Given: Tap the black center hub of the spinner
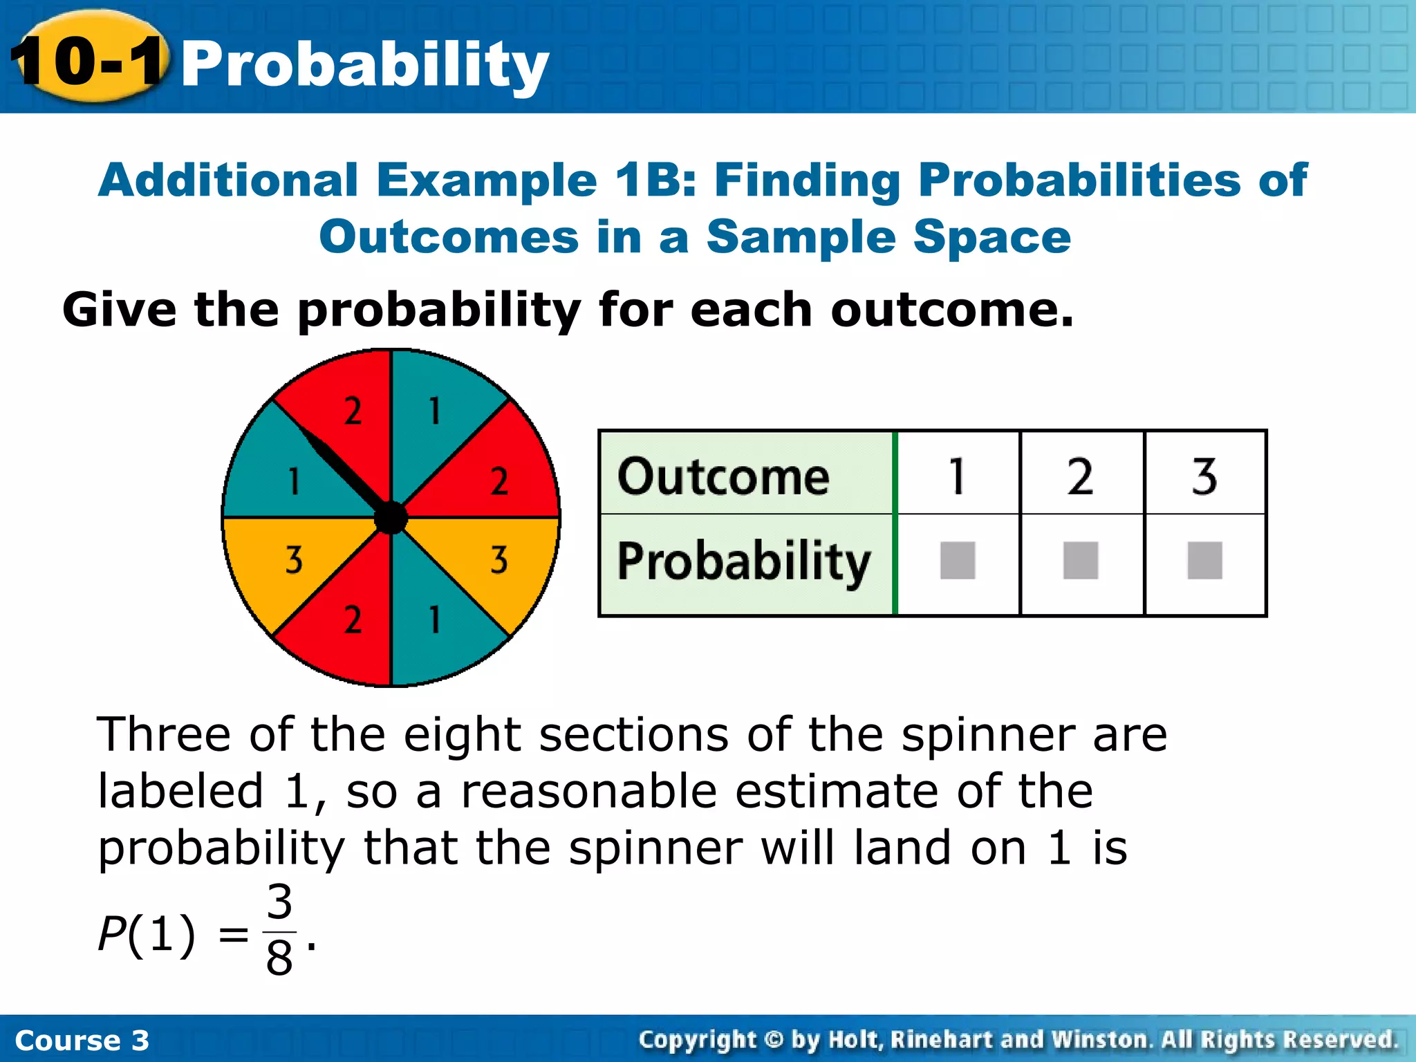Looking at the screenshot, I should (391, 518).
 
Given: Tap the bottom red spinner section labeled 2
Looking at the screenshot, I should (346, 622).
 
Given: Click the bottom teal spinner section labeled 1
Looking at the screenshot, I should (439, 622).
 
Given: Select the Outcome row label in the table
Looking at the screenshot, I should (723, 476).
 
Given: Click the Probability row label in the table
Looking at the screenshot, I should (743, 561).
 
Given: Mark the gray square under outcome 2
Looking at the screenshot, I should (1081, 560).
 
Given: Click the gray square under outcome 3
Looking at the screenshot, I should (1204, 560).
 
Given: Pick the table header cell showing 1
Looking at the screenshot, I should (957, 476).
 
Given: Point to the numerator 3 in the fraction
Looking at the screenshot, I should (279, 902).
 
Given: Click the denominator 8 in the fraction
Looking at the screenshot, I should (279, 958).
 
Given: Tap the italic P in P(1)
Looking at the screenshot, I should (111, 933).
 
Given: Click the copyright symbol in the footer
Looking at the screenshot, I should (774, 1039).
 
